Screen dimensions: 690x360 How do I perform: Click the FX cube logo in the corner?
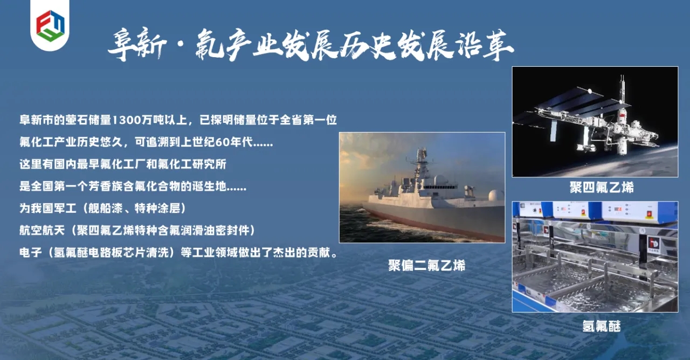[50, 26]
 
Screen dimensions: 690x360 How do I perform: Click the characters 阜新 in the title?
[137, 46]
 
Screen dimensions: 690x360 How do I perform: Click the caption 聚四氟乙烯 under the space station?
[602, 187]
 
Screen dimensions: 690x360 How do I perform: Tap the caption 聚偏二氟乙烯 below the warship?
[426, 265]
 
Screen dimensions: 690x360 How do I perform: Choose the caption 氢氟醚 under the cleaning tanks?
[601, 326]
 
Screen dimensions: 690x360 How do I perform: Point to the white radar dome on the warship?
[496, 196]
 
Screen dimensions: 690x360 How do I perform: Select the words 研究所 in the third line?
[209, 164]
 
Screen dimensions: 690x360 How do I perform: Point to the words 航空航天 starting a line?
[42, 230]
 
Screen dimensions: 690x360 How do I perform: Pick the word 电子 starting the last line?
[31, 253]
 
